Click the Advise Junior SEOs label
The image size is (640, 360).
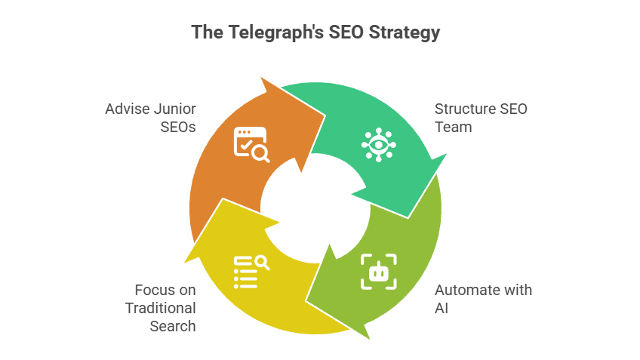(x=151, y=118)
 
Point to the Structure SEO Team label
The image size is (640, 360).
(x=481, y=118)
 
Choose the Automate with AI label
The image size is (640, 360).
(x=483, y=299)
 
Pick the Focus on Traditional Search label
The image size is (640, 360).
(x=162, y=308)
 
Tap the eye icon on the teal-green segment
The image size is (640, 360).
(x=378, y=144)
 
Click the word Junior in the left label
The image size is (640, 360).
(x=173, y=109)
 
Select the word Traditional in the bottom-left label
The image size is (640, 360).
(x=161, y=308)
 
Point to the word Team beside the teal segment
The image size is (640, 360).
(x=454, y=127)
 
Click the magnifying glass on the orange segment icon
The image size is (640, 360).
(x=261, y=154)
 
